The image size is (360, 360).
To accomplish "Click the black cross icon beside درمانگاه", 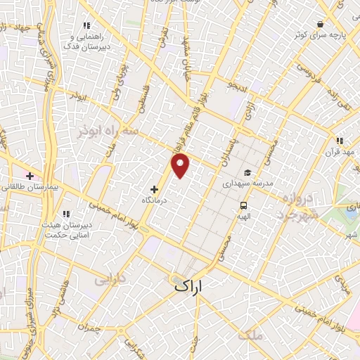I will coord(154,189).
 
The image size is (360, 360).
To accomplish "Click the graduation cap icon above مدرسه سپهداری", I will coord(247,172).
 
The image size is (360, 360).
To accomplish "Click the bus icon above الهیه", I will coord(243,206).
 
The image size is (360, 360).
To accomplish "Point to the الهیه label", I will coord(243,217).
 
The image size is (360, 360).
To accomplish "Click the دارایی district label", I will coord(110,279).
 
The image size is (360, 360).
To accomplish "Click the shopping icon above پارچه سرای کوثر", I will coord(320,23).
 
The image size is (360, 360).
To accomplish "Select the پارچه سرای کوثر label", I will coord(320,34).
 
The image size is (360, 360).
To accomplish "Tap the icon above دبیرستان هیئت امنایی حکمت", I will coord(66,214).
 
